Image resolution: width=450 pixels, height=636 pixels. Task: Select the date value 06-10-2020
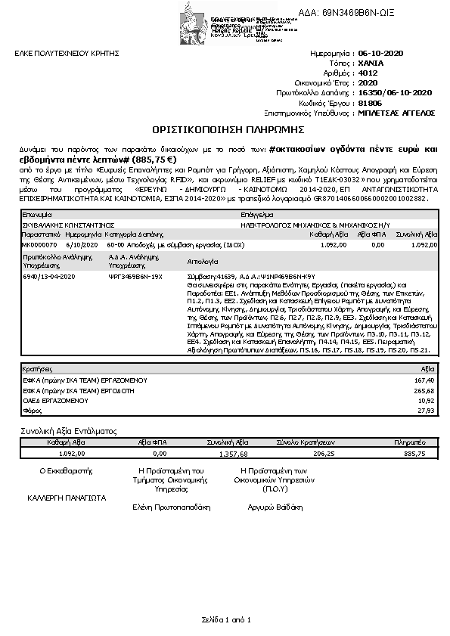click(380, 54)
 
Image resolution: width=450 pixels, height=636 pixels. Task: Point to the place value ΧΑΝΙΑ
click(371, 64)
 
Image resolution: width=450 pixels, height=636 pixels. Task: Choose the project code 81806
click(369, 102)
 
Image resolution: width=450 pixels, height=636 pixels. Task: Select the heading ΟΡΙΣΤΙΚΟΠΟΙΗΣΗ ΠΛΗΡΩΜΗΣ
click(225, 129)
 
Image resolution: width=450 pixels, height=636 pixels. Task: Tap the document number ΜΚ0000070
click(38, 245)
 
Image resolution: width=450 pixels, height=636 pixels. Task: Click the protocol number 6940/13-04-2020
click(48, 278)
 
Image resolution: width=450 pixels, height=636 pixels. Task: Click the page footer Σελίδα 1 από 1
click(225, 620)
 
